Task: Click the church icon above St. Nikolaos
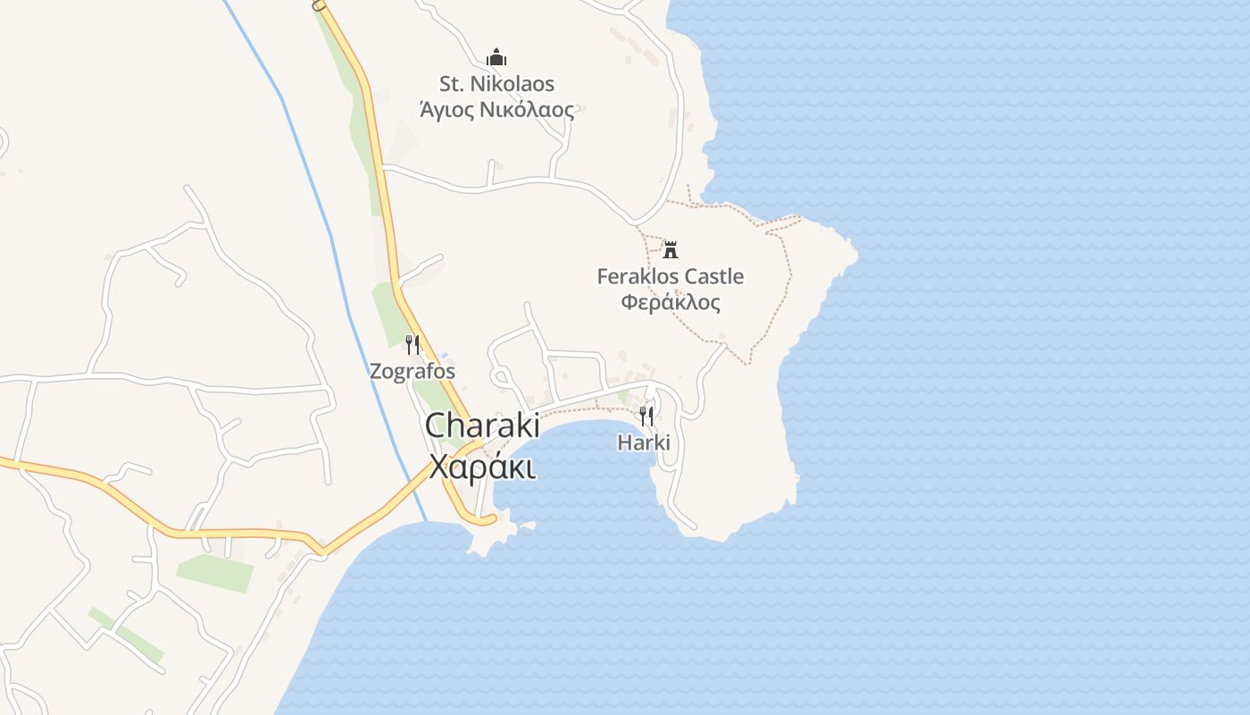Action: (496, 58)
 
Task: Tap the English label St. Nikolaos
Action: (496, 84)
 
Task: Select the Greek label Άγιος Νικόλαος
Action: (496, 110)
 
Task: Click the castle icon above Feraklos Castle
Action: (671, 249)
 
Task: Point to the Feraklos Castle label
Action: (670, 276)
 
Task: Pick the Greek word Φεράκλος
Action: (670, 302)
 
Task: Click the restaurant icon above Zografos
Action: (412, 344)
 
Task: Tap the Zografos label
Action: (412, 371)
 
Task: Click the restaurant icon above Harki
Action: (646, 416)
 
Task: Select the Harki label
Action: (644, 442)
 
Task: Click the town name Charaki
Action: (481, 425)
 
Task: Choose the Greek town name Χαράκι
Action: (481, 467)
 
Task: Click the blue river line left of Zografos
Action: (354, 340)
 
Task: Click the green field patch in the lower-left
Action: (214, 572)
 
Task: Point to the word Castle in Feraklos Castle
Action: (711, 276)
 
